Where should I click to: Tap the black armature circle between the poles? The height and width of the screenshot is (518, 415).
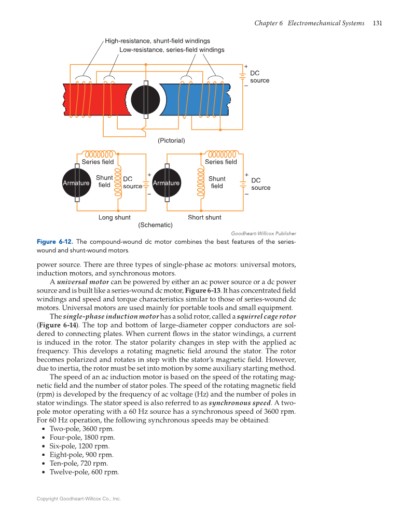146,100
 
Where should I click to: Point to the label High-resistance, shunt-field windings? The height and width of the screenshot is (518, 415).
157,40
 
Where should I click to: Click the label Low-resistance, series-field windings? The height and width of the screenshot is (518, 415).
172,50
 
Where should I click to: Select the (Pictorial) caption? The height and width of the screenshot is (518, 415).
171,141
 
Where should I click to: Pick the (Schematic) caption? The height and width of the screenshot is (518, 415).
155,225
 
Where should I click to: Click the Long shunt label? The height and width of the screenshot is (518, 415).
115,217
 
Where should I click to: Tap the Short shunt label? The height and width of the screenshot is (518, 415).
204,217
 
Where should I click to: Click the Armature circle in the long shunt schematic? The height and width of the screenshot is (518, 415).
76,183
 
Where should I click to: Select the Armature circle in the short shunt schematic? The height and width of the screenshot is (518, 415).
166,183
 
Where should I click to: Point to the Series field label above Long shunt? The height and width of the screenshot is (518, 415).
98,162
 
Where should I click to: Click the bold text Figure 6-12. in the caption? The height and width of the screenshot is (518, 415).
54,242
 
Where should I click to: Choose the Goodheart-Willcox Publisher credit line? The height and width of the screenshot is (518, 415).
263,234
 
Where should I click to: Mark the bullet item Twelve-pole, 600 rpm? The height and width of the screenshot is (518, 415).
84,472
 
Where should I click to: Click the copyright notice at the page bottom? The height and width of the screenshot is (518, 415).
78,499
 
